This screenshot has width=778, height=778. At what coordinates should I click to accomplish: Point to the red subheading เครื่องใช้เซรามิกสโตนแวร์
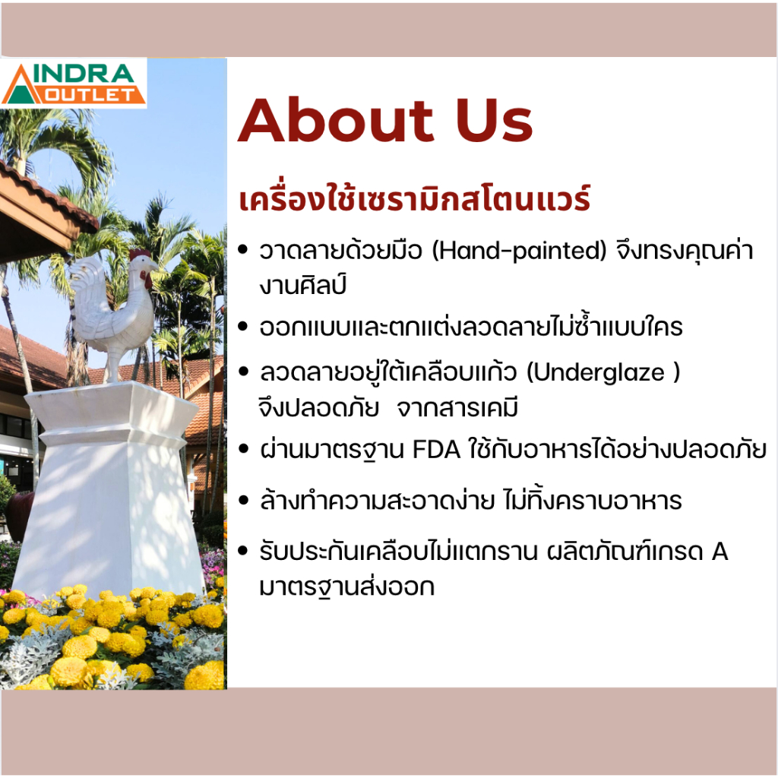click(x=414, y=202)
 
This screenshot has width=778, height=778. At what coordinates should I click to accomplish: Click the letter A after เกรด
click(x=719, y=552)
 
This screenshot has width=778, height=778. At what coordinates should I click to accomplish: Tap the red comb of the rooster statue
click(x=140, y=255)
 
